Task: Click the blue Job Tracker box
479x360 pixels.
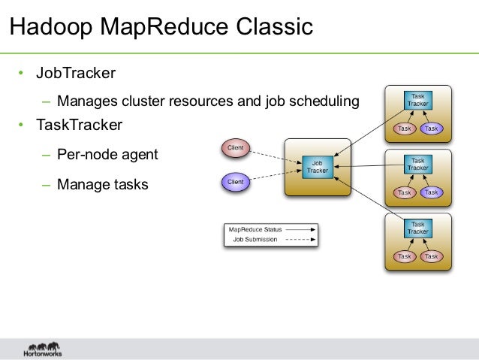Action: pos(317,166)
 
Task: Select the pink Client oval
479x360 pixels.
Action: pos(236,148)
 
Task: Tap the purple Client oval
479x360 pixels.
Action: pos(236,180)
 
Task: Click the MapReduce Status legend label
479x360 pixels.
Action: pos(255,228)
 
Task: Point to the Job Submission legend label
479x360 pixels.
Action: pos(255,240)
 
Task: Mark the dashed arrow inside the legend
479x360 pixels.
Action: pos(299,240)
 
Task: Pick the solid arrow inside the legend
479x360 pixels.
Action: pos(299,228)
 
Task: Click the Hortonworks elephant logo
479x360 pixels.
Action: pos(42,349)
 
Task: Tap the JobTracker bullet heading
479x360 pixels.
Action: pos(77,74)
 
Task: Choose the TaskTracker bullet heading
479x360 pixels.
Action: pos(79,124)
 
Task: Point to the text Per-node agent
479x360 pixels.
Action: pos(107,155)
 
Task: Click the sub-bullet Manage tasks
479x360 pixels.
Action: pos(103,184)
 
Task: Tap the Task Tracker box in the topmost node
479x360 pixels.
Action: pos(418,100)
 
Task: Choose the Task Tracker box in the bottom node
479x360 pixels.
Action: pos(418,228)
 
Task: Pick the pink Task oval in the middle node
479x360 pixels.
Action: pos(405,192)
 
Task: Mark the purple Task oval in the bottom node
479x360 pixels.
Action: pos(431,256)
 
